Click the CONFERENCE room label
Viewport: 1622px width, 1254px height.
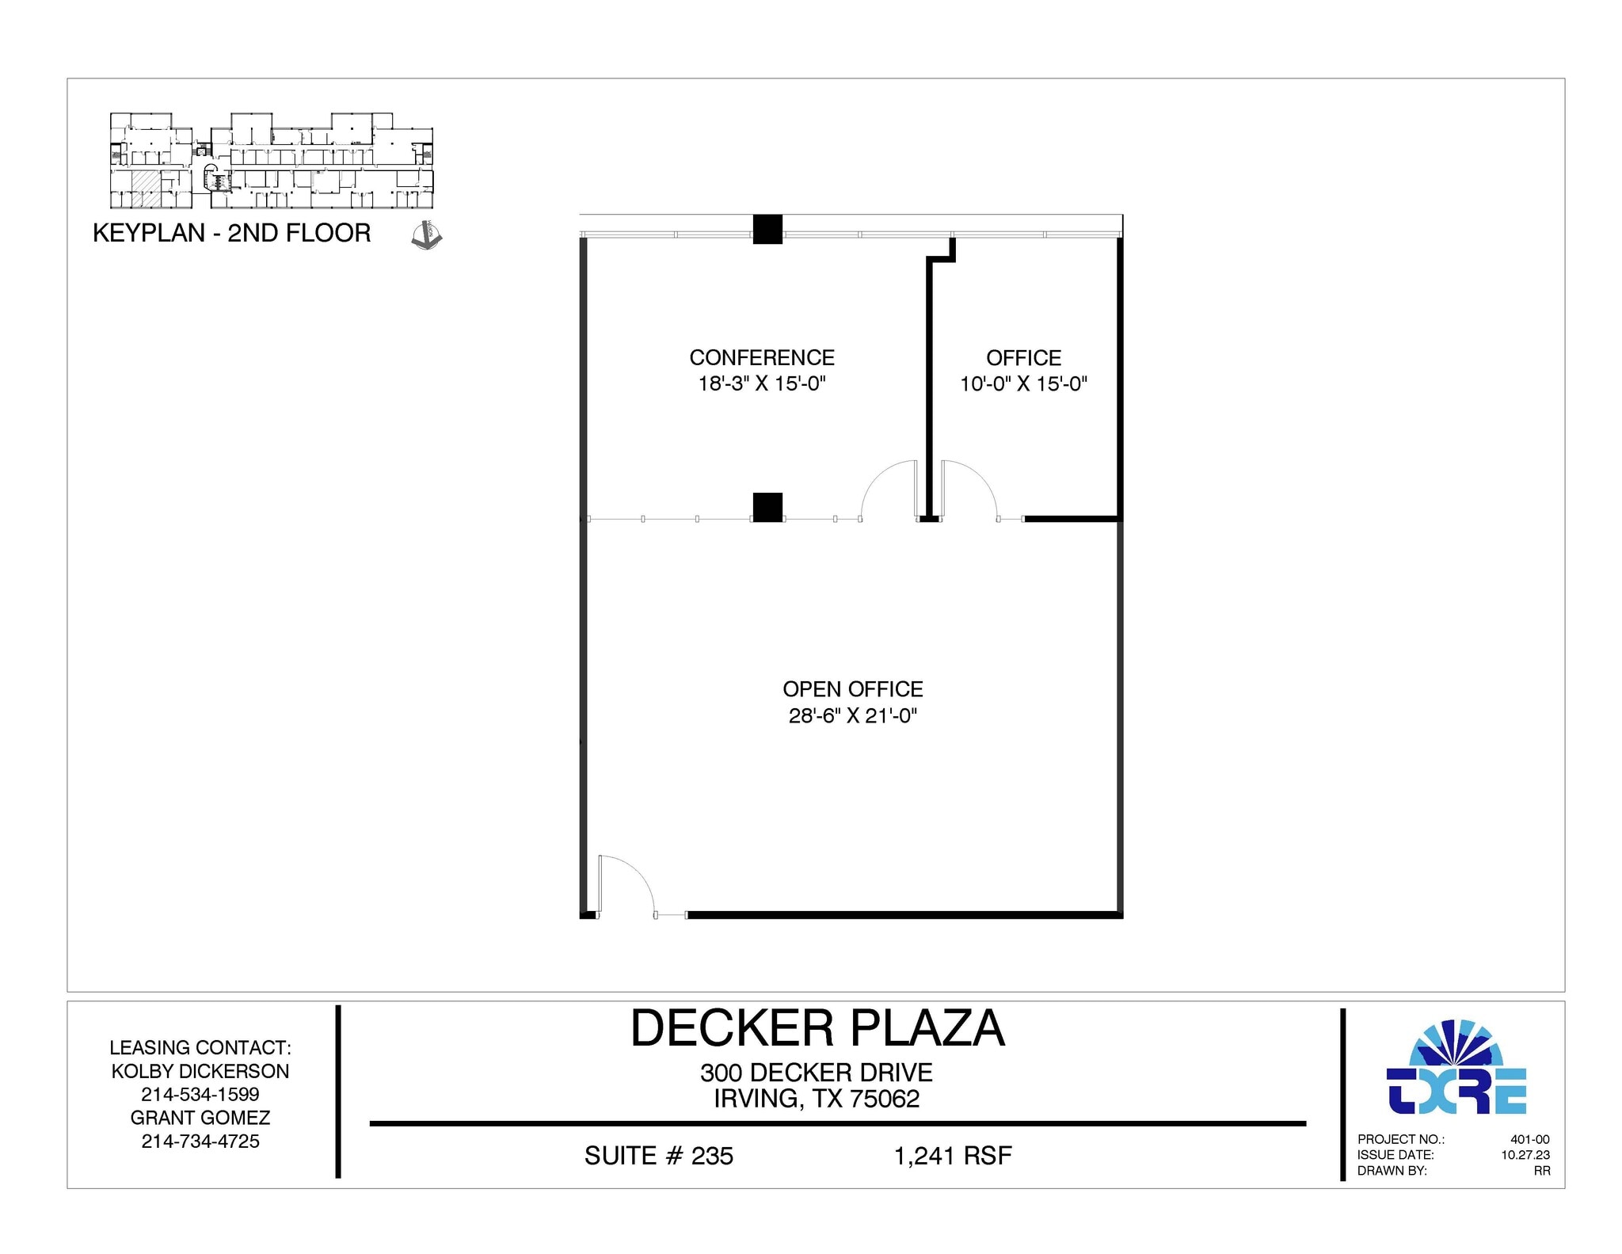click(x=762, y=357)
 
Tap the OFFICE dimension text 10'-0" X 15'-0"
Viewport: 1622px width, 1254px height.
click(x=1023, y=384)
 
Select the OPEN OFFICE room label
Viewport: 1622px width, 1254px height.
click(x=853, y=689)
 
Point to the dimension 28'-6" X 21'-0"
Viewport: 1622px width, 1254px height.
click(x=853, y=716)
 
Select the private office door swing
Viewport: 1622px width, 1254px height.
click(x=968, y=490)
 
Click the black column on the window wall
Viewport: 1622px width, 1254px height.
click(x=767, y=229)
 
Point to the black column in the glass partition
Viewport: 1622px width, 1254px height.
click(x=767, y=507)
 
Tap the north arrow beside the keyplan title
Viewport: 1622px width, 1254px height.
click(x=427, y=236)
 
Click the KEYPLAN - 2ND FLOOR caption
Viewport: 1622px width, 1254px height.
click(x=232, y=233)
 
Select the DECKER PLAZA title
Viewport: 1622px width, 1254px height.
click(x=817, y=1028)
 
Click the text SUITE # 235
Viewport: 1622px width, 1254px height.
click(x=659, y=1156)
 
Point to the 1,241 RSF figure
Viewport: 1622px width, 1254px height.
click(x=953, y=1156)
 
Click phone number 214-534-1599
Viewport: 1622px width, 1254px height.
click(x=200, y=1094)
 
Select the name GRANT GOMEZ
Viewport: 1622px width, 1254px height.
click(x=200, y=1118)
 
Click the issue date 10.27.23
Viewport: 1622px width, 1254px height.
click(x=1525, y=1155)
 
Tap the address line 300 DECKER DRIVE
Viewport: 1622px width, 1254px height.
click(x=817, y=1073)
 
